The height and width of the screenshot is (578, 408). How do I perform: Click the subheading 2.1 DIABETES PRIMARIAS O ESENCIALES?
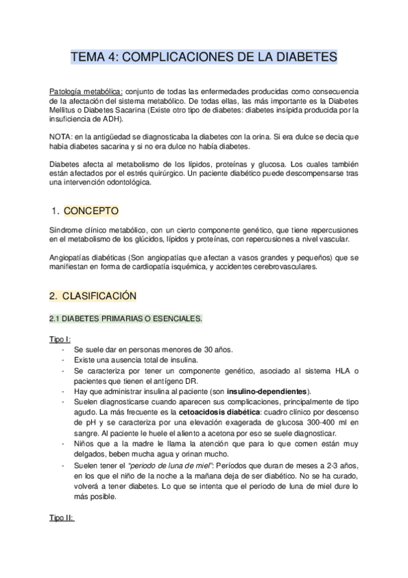[126, 319]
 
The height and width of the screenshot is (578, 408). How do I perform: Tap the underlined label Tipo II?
[62, 518]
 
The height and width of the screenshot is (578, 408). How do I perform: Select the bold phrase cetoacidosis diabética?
[235, 412]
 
